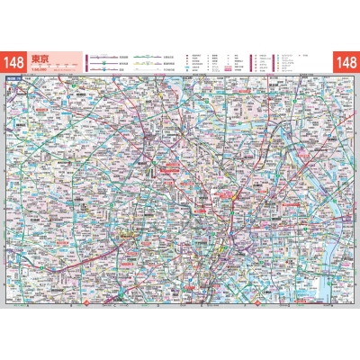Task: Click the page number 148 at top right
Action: (346, 62)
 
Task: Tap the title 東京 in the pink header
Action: (40, 59)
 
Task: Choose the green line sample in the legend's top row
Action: (144, 57)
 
